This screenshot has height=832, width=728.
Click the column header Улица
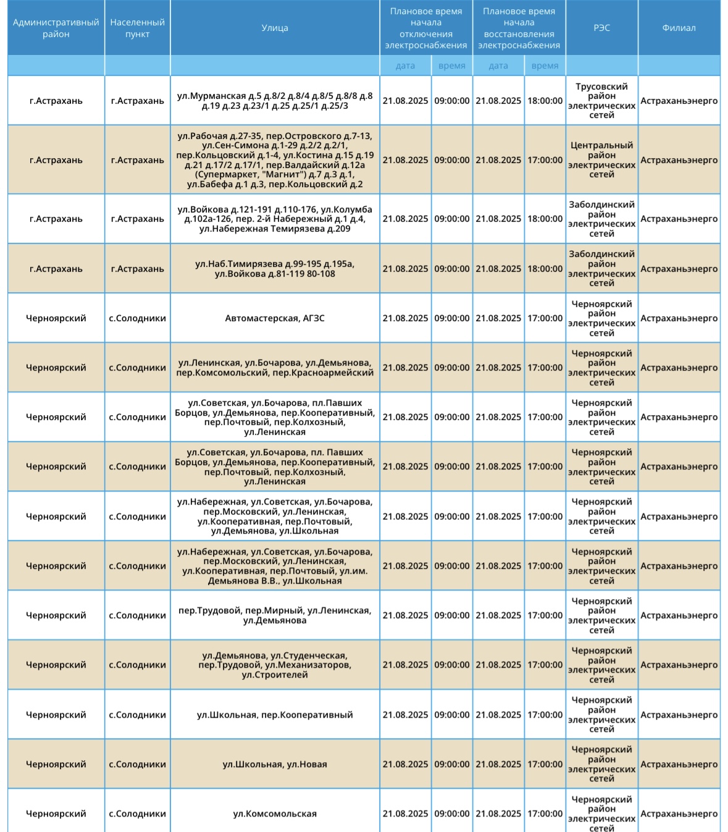pyautogui.click(x=275, y=28)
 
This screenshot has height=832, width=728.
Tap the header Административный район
pyautogui.click(x=56, y=28)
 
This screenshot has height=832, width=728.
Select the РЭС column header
pyautogui.click(x=601, y=28)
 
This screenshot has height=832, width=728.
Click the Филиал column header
pyautogui.click(x=679, y=28)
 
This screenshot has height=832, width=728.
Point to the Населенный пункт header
pyautogui.click(x=137, y=28)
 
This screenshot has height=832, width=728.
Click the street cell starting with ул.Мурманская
pyautogui.click(x=275, y=101)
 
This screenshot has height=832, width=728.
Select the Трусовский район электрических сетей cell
pyautogui.click(x=601, y=101)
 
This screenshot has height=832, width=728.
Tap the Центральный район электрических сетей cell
pyautogui.click(x=601, y=160)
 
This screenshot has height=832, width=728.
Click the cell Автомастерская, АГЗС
pyautogui.click(x=275, y=318)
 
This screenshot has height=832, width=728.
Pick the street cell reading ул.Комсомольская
pyautogui.click(x=275, y=813)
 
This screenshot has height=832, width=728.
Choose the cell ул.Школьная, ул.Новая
pyautogui.click(x=275, y=764)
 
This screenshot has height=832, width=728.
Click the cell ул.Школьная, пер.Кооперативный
pyautogui.click(x=275, y=715)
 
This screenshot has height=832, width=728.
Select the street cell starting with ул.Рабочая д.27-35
pyautogui.click(x=275, y=160)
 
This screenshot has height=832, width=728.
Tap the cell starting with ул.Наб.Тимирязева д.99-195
pyautogui.click(x=275, y=269)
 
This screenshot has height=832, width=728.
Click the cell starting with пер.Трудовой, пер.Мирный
pyautogui.click(x=275, y=615)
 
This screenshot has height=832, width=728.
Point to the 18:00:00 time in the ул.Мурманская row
pyautogui.click(x=545, y=101)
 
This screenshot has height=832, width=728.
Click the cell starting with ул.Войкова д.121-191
pyautogui.click(x=275, y=219)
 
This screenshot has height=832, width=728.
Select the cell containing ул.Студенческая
pyautogui.click(x=275, y=665)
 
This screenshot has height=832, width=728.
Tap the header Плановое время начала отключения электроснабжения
pyautogui.click(x=426, y=28)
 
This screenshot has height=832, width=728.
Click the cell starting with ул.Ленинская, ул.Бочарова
pyautogui.click(x=275, y=368)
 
